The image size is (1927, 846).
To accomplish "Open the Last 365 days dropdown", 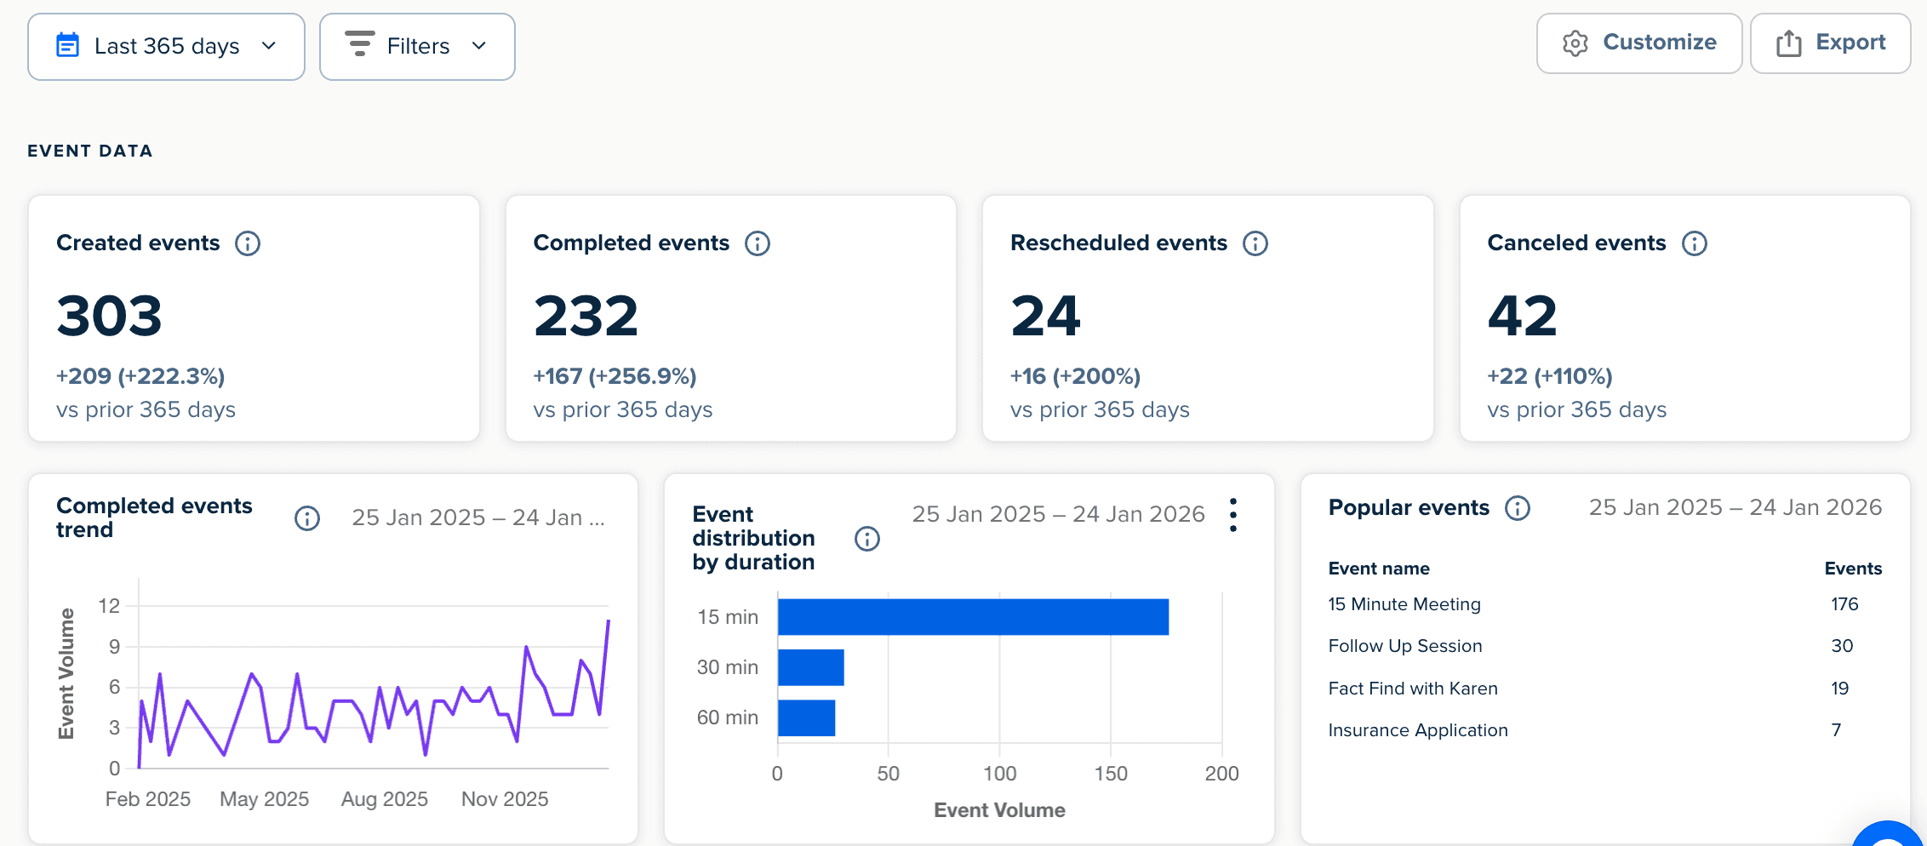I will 166,46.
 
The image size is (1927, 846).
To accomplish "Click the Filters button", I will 417,46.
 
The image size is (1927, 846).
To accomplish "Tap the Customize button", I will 1638,43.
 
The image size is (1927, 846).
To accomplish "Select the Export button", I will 1830,43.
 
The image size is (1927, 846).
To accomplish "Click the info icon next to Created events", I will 248,243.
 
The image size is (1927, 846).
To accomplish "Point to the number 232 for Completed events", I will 586,316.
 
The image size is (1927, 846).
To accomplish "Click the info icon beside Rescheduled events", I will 1255,243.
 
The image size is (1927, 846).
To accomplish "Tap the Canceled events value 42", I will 1522,316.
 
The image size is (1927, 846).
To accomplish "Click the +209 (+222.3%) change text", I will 140,376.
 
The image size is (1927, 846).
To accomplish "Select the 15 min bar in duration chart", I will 973,617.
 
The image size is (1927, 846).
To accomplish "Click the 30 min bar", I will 810,667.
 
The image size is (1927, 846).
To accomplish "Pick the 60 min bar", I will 806,717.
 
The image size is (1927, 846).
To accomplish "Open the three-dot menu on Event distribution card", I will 1233,516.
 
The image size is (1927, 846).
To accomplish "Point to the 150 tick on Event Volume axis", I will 1111,774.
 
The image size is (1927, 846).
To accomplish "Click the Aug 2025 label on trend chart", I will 384,799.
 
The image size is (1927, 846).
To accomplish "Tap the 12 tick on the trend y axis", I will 109,606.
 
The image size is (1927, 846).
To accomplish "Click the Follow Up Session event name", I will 1405,646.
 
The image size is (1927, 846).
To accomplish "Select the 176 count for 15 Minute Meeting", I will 1844,604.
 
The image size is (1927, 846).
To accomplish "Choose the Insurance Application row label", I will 1418,730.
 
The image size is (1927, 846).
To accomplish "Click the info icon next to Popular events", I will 1518,508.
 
